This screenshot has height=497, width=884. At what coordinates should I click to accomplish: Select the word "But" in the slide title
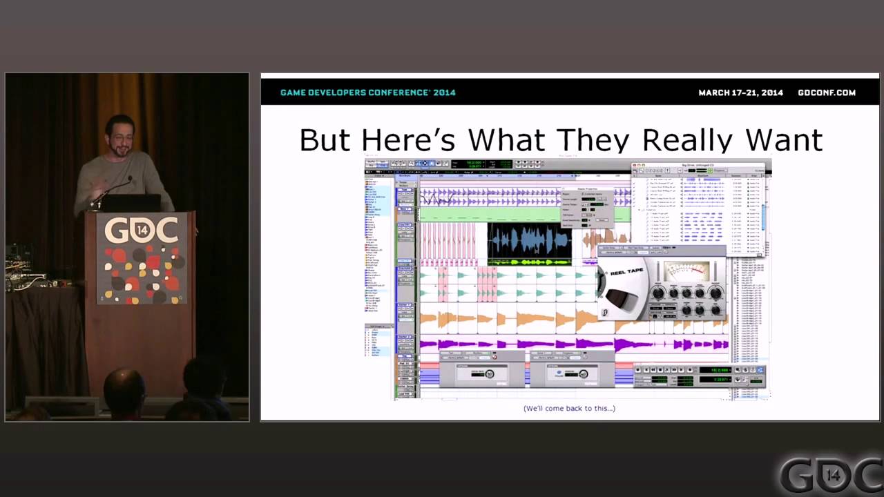click(x=325, y=140)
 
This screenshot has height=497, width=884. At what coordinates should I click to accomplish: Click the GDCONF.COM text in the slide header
click(x=826, y=92)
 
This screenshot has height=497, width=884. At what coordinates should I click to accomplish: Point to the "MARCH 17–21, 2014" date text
click(x=740, y=92)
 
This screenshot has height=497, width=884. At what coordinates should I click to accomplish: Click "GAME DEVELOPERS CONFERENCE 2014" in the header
click(x=367, y=92)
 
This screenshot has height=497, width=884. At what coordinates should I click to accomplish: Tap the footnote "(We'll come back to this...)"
click(x=569, y=408)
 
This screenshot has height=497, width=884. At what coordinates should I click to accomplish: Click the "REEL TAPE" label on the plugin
click(x=626, y=273)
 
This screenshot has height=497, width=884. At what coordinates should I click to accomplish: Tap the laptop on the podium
click(x=131, y=203)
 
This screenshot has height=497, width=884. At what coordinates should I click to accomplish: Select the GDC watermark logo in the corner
click(x=832, y=475)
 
